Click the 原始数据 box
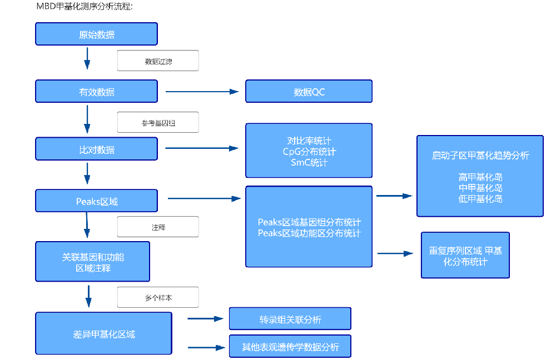tap(96, 34)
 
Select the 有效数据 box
tap(96, 92)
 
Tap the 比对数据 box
tap(96, 149)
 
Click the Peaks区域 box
tap(96, 201)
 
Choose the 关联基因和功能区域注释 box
tap(93, 262)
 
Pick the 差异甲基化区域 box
tap(103, 333)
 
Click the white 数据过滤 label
tap(158, 61)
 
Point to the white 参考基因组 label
tap(158, 123)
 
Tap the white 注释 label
tap(158, 227)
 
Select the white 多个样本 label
tap(158, 297)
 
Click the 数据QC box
tap(309, 92)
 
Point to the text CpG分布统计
tap(309, 151)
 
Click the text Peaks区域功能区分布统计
tap(309, 233)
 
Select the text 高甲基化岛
tap(480, 177)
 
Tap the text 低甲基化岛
tap(480, 198)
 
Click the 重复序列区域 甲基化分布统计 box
tap(465, 256)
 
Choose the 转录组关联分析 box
tap(290, 319)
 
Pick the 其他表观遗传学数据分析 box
tap(290, 347)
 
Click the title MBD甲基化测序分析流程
tap(84, 7)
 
